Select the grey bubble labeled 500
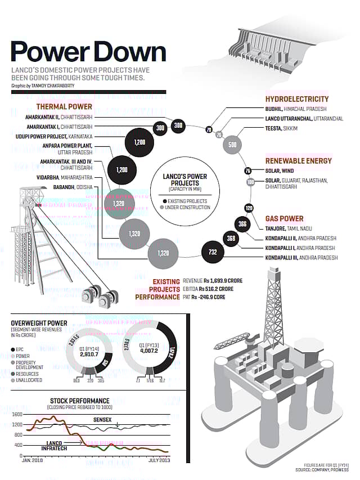(232, 145)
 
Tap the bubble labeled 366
(242, 224)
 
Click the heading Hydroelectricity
(296, 99)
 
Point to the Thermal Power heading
(64, 106)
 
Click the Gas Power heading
(284, 218)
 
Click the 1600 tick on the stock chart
(17, 414)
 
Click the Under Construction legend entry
(184, 208)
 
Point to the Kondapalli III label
(301, 257)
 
